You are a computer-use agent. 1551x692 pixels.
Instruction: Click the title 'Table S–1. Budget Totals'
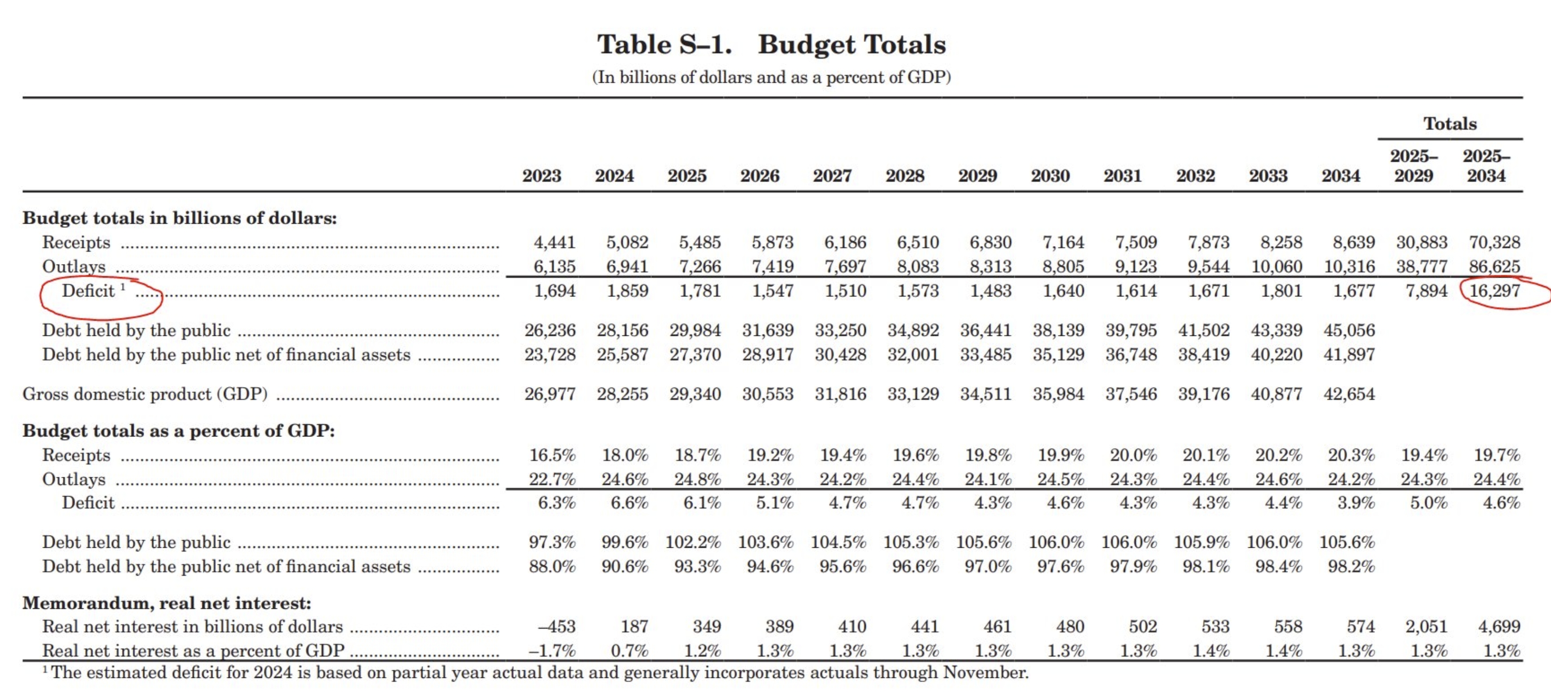(772, 45)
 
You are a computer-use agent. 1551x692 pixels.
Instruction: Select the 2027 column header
(832, 176)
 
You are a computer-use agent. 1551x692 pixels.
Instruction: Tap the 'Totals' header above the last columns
(1450, 124)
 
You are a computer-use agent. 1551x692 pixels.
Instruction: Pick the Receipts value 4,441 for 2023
(555, 242)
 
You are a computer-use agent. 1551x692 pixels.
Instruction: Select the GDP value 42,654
(1349, 394)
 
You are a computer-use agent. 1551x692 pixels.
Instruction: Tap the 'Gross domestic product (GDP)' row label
(145, 394)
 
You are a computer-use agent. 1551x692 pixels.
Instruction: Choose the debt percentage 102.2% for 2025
(693, 542)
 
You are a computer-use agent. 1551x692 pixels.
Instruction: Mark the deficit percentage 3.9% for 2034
(1356, 502)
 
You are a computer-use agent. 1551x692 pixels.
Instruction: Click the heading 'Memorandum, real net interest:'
(167, 603)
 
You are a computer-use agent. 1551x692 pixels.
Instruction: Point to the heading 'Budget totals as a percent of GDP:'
(179, 431)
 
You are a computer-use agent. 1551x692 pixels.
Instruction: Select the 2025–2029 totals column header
(1414, 166)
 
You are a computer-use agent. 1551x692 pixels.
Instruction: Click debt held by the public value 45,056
(1349, 330)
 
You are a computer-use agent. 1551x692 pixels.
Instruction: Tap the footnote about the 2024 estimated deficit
(535, 672)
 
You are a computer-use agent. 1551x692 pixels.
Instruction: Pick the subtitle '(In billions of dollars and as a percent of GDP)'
(772, 77)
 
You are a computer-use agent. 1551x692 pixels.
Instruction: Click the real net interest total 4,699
(1499, 626)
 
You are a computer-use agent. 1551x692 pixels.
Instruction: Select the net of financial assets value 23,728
(550, 354)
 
